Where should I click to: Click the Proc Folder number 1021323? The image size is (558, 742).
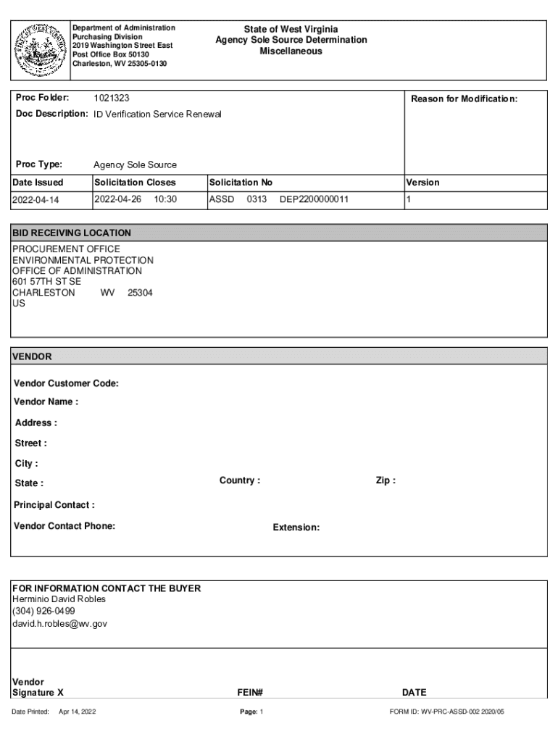click(112, 98)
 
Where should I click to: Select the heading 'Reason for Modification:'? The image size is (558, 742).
click(464, 99)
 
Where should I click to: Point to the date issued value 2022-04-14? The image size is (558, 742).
click(36, 199)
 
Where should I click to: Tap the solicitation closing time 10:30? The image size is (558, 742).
click(165, 199)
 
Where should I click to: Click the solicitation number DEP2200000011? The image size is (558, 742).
click(314, 199)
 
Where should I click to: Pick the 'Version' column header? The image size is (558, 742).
click(422, 183)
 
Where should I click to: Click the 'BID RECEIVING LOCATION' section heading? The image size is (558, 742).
click(72, 233)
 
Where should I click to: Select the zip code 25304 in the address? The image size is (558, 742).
click(140, 293)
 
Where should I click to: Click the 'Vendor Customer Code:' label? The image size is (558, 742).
click(66, 383)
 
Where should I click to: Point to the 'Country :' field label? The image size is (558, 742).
click(239, 480)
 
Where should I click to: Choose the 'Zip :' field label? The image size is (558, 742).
click(386, 480)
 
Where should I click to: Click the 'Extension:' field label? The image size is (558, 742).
click(296, 528)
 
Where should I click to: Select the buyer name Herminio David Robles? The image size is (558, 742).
click(59, 599)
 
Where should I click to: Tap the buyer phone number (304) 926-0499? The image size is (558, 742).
click(43, 611)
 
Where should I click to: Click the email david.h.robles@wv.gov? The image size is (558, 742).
click(59, 623)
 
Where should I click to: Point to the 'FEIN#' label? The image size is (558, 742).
click(249, 692)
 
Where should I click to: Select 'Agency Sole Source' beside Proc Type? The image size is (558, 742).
click(135, 164)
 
